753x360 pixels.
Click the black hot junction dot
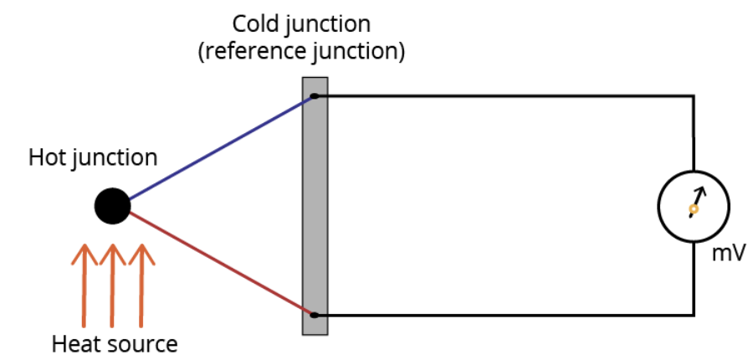point(112,206)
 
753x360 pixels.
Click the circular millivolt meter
point(694,207)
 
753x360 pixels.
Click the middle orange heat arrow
point(112,285)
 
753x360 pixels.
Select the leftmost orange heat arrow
point(84,285)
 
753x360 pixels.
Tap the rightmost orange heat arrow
point(141,285)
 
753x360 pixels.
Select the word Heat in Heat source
point(70,343)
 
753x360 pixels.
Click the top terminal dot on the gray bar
point(315,96)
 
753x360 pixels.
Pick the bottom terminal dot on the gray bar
point(315,315)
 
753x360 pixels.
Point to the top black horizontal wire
point(502,96)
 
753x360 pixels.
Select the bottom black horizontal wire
point(502,315)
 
